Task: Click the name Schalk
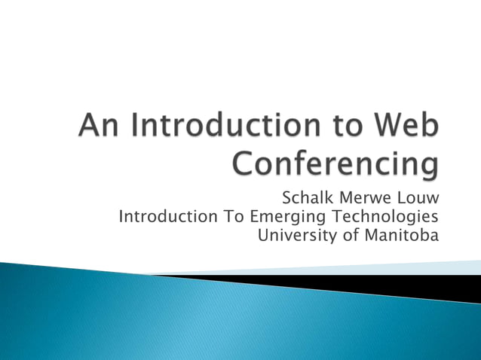tap(308, 199)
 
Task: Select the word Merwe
tap(364, 199)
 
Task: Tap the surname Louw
tap(417, 199)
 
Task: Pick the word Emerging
tap(285, 218)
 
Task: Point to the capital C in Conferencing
tap(244, 163)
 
